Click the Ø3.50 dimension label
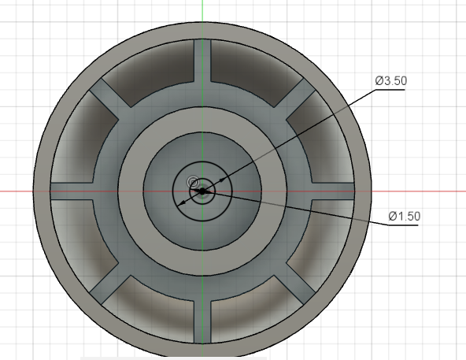tap(390, 80)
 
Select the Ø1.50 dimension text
tap(404, 216)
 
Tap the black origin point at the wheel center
tap(202, 191)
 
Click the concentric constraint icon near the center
tap(193, 182)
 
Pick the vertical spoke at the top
tap(202, 61)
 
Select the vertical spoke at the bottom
tap(202, 322)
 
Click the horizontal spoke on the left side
tap(72, 191)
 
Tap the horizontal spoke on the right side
tap(333, 191)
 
